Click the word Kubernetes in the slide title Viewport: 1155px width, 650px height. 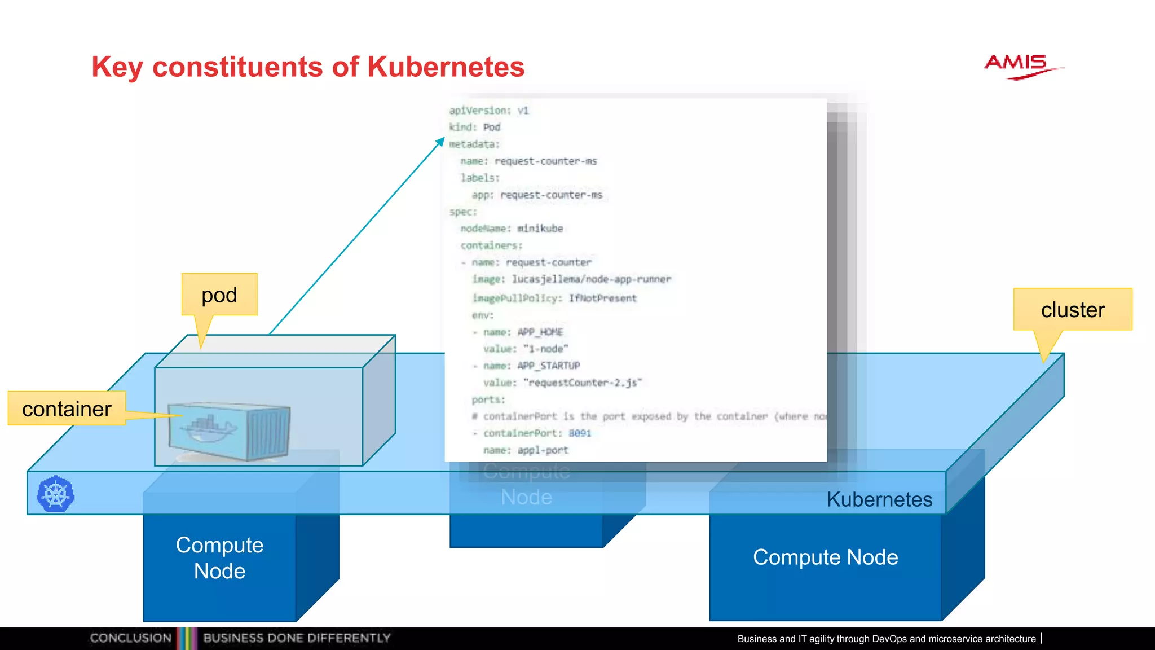tap(446, 67)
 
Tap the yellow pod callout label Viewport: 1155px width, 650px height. tap(219, 295)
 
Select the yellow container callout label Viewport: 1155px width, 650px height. tap(67, 409)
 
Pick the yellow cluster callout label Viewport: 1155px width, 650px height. tap(1073, 310)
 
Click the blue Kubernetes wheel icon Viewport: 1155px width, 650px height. tap(55, 494)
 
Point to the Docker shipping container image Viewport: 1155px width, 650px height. tap(229, 431)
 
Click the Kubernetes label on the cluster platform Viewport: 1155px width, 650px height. tap(879, 499)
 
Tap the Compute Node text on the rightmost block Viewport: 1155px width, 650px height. tap(825, 557)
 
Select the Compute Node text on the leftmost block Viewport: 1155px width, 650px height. tap(219, 558)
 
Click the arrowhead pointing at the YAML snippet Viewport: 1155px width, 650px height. tap(440, 142)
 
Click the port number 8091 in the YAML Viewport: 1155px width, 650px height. tap(580, 433)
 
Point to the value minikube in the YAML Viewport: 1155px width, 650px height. tap(540, 229)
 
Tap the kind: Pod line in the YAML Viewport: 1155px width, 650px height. tap(475, 128)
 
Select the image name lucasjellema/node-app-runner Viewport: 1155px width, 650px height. tap(591, 279)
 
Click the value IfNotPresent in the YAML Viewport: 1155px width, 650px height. tap(602, 298)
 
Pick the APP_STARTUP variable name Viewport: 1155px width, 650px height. tap(549, 366)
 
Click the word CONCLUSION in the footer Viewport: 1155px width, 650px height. tap(131, 638)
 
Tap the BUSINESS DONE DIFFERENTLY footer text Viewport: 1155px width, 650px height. tap(297, 638)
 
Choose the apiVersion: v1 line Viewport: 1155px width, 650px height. tap(489, 111)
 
